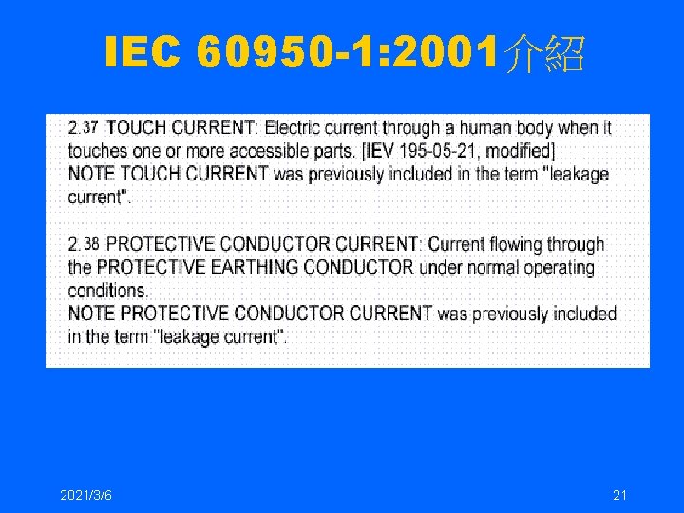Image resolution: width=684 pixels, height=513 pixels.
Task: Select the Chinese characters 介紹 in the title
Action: coord(546,56)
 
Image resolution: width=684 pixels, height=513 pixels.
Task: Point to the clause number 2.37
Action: coord(84,127)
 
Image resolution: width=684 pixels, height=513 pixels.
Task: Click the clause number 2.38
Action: coord(84,244)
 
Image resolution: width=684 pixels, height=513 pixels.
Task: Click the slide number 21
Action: coord(620,495)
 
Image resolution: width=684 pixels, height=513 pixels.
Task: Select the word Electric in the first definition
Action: coord(295,127)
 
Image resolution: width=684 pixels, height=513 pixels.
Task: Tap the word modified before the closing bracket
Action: coord(519,151)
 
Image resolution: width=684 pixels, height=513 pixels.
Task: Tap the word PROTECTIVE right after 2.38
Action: coord(159,244)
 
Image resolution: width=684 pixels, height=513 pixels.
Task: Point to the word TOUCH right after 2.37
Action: coord(133,127)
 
